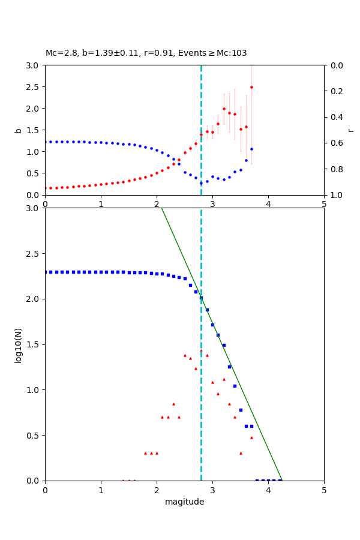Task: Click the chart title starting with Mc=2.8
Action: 146,53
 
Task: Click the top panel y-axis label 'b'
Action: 18,130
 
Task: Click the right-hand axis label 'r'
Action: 350,130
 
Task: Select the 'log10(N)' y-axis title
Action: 18,344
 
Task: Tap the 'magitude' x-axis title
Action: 184,502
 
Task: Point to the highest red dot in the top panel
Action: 251,87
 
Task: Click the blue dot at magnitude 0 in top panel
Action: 46,142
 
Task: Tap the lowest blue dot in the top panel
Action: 201,183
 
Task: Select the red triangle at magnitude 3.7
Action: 251,437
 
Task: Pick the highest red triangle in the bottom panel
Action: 201,351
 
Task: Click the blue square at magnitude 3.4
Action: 235,386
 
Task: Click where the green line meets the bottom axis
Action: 282,480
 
